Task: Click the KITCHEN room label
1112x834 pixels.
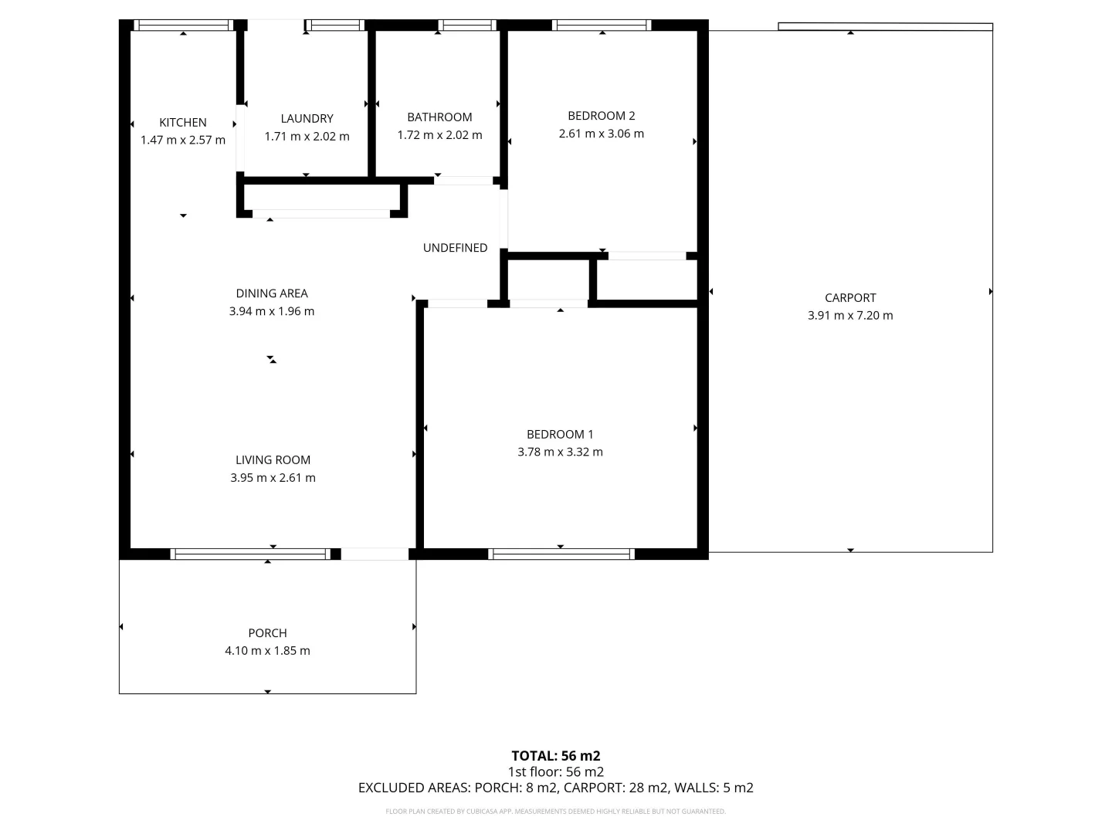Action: click(x=183, y=122)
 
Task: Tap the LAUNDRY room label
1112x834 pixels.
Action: click(x=307, y=118)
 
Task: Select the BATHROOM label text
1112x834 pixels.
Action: click(x=439, y=117)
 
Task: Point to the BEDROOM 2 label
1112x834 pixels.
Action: click(x=601, y=116)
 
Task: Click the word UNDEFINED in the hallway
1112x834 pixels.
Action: click(x=455, y=248)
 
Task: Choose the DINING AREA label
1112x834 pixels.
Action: click(x=272, y=293)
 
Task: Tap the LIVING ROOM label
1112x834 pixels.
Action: click(x=273, y=460)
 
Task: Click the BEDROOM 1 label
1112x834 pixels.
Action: click(x=560, y=435)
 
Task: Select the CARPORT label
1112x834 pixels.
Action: click(x=850, y=298)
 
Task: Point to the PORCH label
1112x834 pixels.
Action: click(x=267, y=633)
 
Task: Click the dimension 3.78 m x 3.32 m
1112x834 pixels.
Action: click(x=560, y=453)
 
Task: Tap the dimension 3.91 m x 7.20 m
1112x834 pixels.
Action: click(x=850, y=316)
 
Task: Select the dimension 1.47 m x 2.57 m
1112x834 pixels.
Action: click(x=183, y=141)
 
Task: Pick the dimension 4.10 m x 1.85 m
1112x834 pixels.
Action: click(x=267, y=651)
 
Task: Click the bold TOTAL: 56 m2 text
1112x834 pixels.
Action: click(x=556, y=756)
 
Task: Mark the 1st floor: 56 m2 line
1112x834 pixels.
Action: click(x=556, y=772)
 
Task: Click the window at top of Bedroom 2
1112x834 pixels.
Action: click(x=602, y=25)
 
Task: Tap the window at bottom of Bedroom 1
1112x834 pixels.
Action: click(x=561, y=554)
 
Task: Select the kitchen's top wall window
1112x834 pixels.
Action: click(x=183, y=25)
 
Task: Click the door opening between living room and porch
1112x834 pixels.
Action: click(x=375, y=554)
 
